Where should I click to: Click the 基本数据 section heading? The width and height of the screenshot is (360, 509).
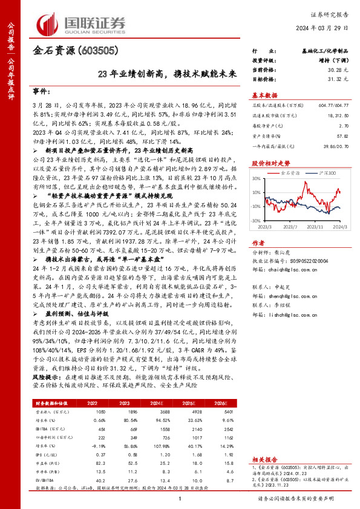(264, 95)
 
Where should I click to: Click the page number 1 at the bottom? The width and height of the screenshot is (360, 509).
(180, 498)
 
